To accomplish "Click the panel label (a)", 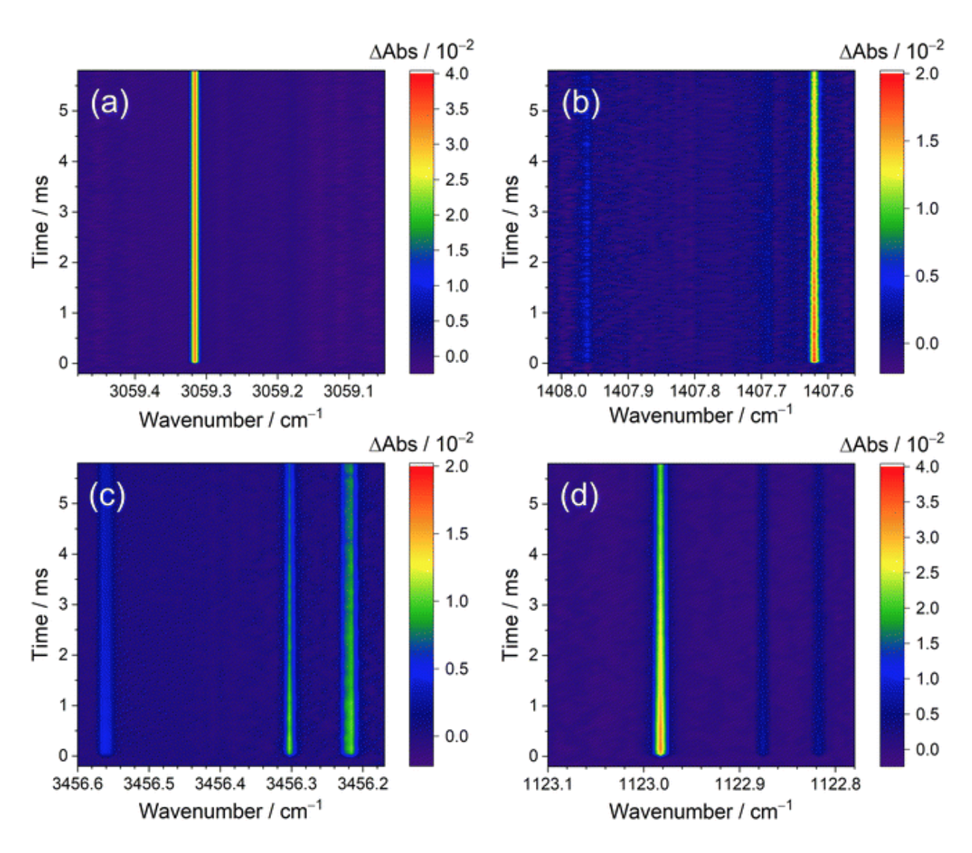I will pyautogui.click(x=110, y=102).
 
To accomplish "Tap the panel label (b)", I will pyautogui.click(x=580, y=102).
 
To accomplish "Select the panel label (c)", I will pyautogui.click(x=107, y=495).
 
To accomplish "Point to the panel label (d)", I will pyautogui.click(x=579, y=495).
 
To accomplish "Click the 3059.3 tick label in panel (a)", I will pyautogui.click(x=206, y=391).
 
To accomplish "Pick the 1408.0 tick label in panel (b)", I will pyautogui.click(x=561, y=391).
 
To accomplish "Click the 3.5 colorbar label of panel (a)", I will pyautogui.click(x=457, y=109).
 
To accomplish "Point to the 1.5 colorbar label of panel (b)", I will pyautogui.click(x=927, y=141).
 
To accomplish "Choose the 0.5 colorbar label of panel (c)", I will pyautogui.click(x=457, y=669).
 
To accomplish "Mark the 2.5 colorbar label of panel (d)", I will pyautogui.click(x=927, y=573).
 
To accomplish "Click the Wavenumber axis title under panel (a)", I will pyautogui.click(x=231, y=419).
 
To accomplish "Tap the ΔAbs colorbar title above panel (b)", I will pyautogui.click(x=891, y=51).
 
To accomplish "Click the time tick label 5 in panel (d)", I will pyautogui.click(x=533, y=503).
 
